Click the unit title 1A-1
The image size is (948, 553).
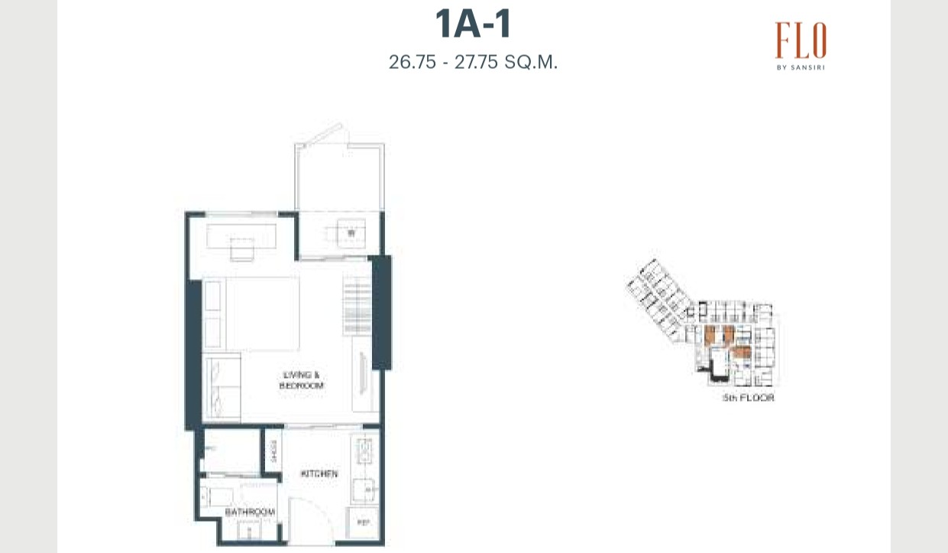point(473,24)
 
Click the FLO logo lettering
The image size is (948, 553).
point(800,41)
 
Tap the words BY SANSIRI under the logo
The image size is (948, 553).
point(800,67)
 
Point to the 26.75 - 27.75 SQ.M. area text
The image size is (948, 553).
point(473,62)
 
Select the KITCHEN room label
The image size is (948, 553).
point(319,474)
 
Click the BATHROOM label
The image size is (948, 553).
point(250,511)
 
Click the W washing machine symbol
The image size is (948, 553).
point(351,232)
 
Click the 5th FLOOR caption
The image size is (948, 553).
point(748,398)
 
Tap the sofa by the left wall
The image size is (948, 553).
point(223,389)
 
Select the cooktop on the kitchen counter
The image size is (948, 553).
point(364,448)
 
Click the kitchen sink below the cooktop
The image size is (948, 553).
point(364,488)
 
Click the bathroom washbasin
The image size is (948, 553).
point(249,530)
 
